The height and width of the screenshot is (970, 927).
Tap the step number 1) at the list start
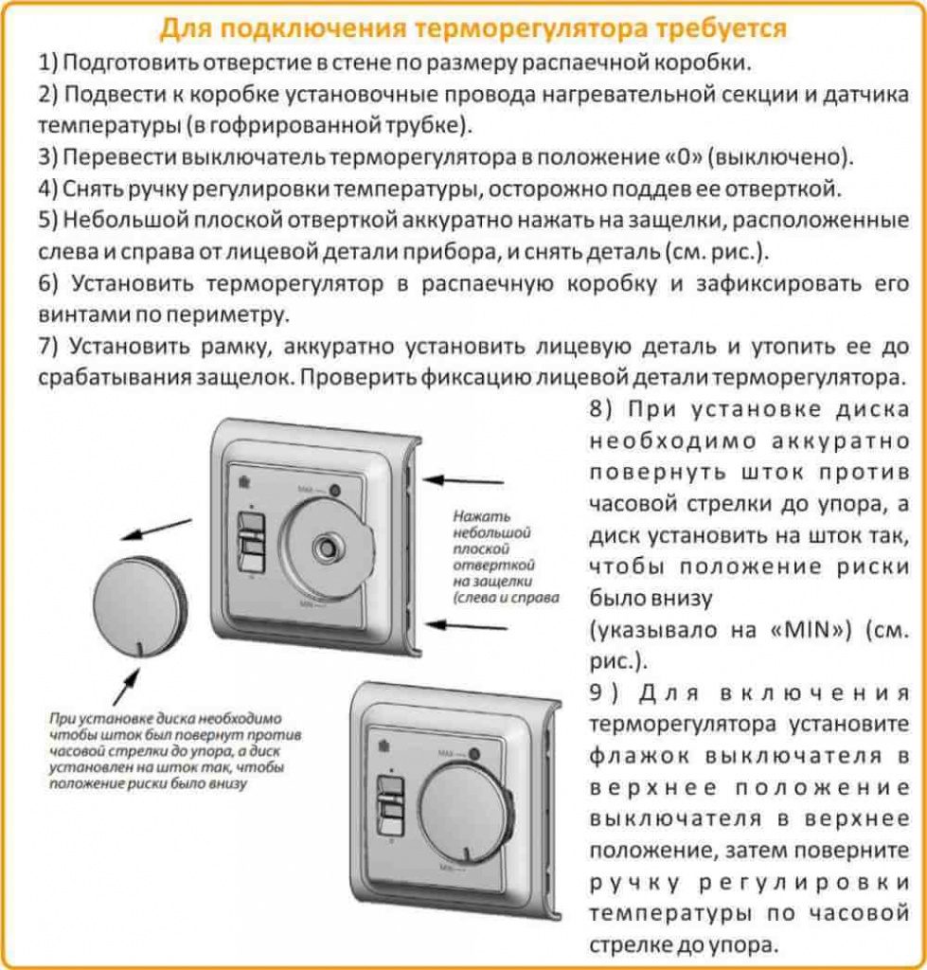(x=48, y=63)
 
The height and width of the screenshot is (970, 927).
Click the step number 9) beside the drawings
(x=602, y=692)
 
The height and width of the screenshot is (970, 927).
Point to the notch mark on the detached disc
(x=139, y=650)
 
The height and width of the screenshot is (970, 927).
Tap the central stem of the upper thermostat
(x=329, y=547)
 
